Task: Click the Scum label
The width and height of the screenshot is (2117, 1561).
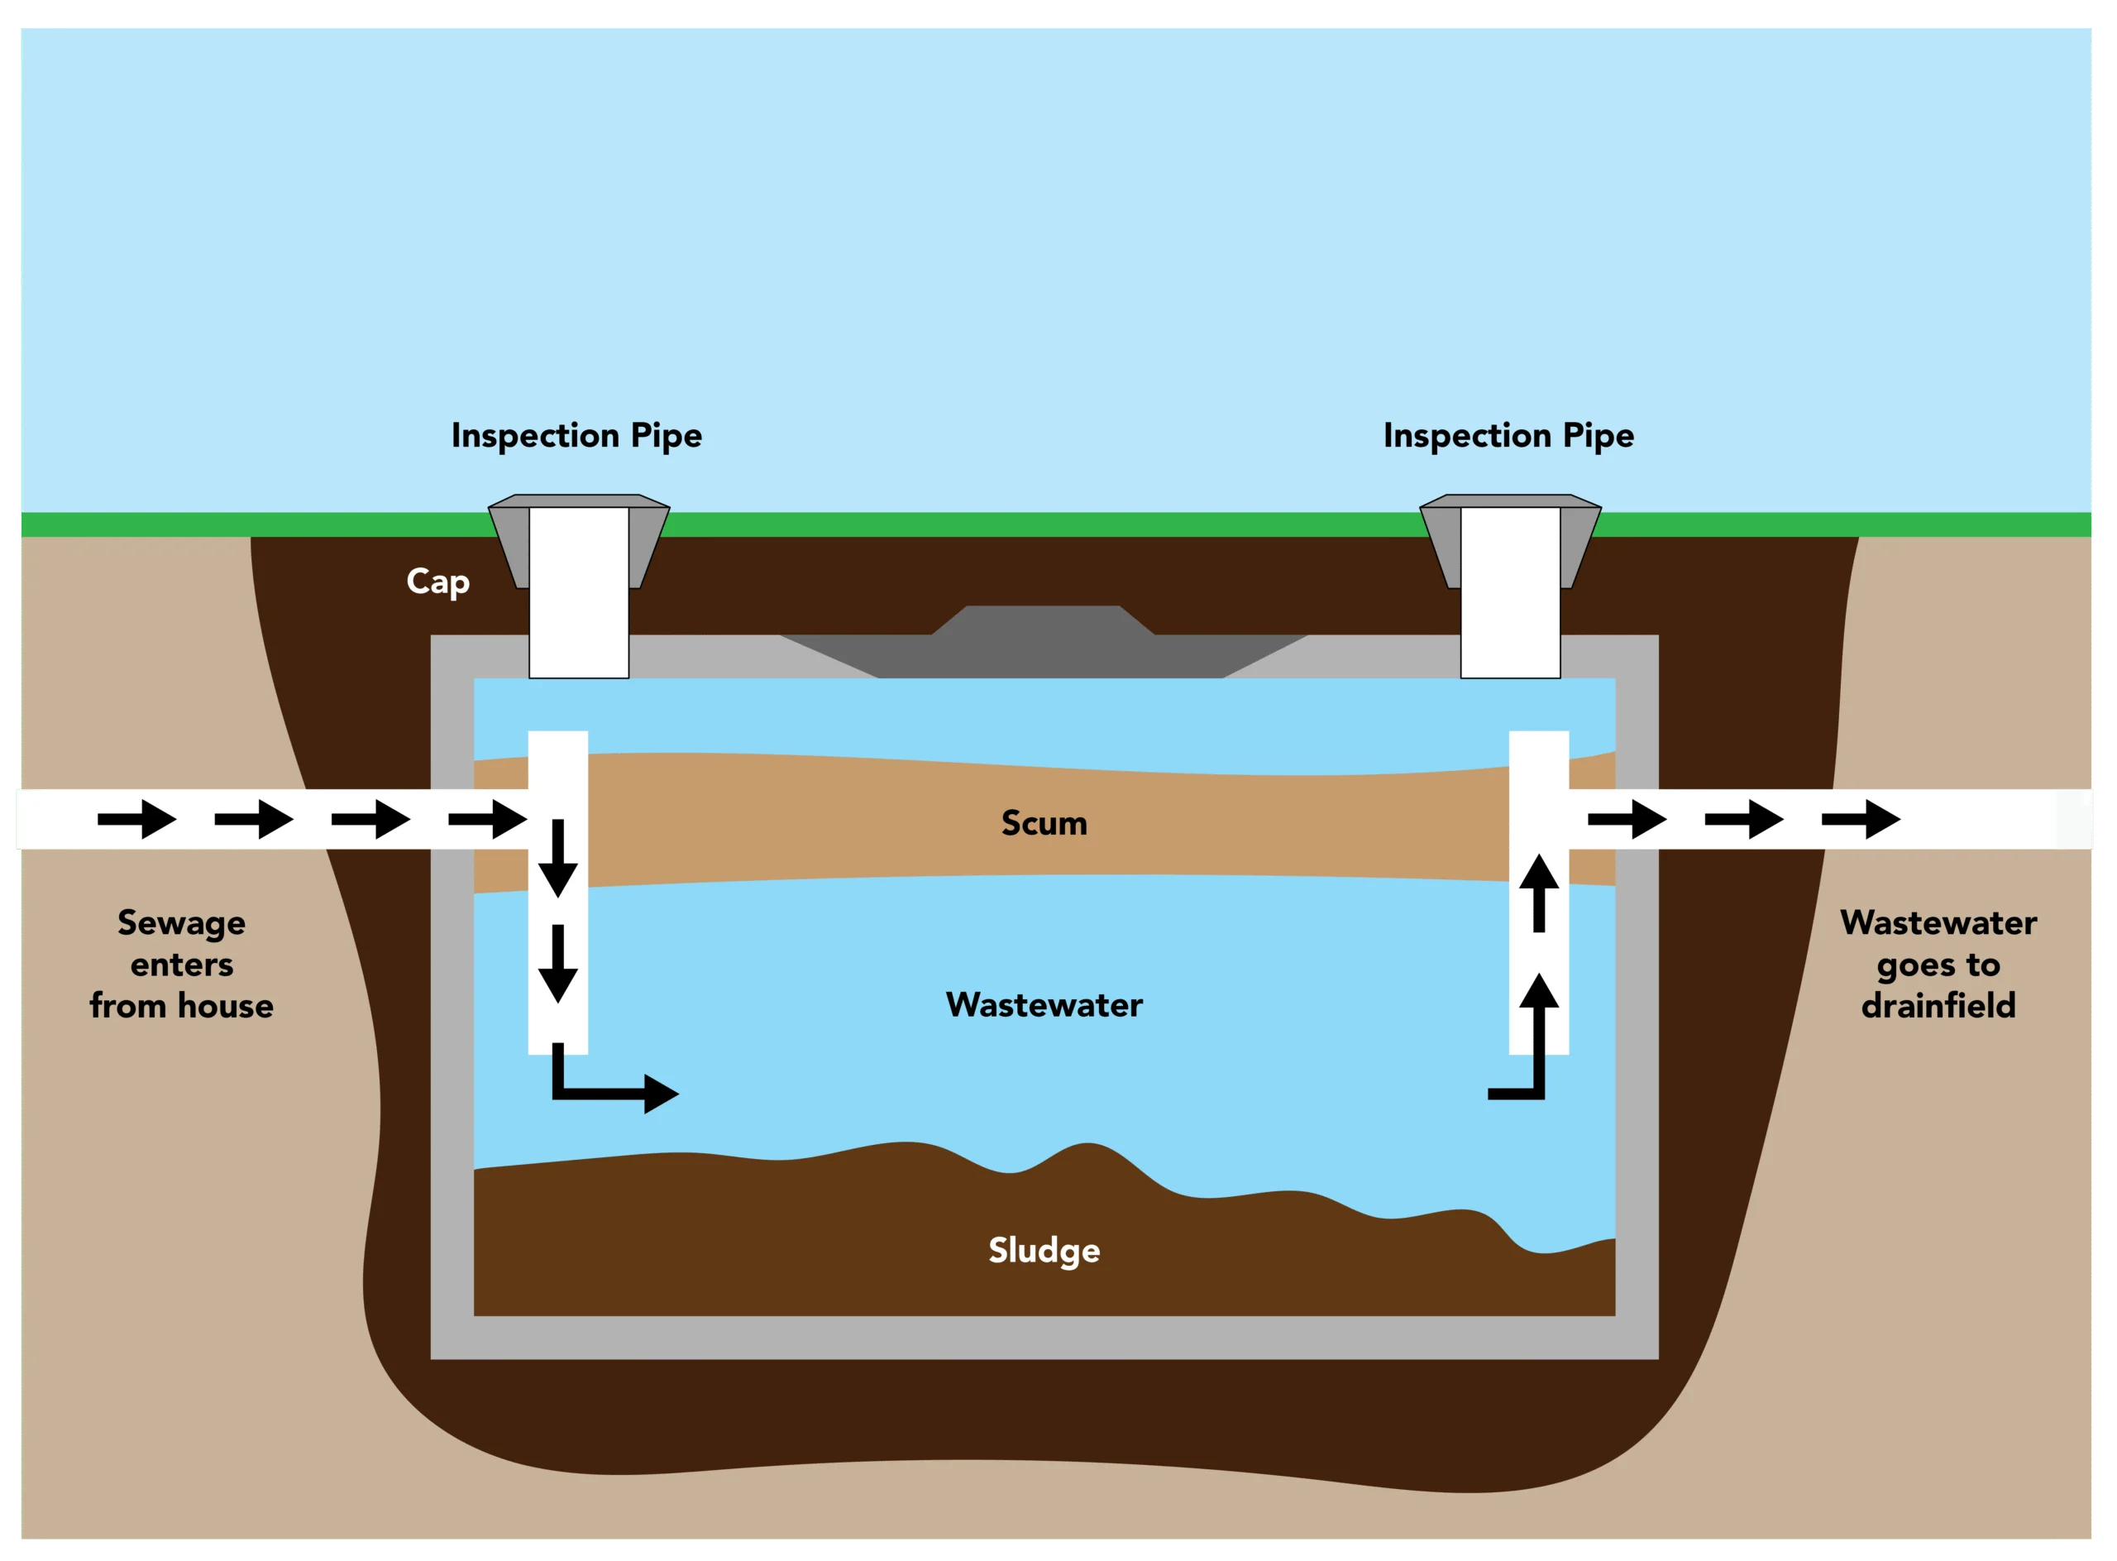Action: tap(1044, 823)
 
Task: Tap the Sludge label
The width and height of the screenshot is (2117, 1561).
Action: tap(1044, 1250)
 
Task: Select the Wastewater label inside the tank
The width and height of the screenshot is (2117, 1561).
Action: tap(1044, 1004)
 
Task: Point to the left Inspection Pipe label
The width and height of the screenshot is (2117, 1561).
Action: tap(576, 436)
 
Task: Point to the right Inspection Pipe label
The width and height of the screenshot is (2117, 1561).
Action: tap(1508, 436)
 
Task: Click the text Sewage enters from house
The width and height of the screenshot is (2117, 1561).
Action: tap(181, 964)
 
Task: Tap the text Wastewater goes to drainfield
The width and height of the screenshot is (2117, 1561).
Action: tap(1938, 964)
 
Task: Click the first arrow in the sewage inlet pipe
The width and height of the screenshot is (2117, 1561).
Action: tap(137, 818)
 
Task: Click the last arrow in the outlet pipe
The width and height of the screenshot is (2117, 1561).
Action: tap(1860, 818)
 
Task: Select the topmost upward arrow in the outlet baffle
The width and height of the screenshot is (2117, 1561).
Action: tap(1539, 892)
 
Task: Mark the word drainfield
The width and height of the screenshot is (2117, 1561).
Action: tap(1938, 1005)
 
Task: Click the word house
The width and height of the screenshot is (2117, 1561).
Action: tap(226, 1005)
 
